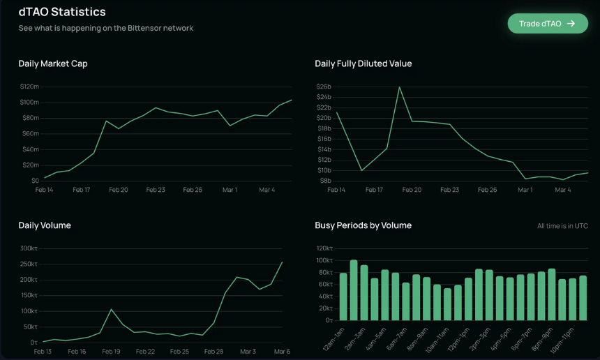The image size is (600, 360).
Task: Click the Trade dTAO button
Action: point(548,24)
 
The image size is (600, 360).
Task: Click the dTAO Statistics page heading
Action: point(62,12)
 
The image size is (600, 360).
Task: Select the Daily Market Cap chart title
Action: point(53,64)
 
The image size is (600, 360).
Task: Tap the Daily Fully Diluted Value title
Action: point(363,64)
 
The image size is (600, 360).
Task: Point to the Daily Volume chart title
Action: point(45,225)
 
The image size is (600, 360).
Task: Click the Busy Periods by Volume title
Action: point(363,225)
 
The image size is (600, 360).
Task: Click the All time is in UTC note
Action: point(562,226)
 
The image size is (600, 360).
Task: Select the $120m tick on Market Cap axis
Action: point(29,87)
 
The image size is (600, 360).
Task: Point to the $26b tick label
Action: point(324,87)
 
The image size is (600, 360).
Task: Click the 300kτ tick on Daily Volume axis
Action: point(29,248)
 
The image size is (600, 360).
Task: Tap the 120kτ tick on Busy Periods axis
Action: point(324,248)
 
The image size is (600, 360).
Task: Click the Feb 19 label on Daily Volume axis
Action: point(111,351)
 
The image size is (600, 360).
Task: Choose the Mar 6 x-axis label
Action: point(282,351)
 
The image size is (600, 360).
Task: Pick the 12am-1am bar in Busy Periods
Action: point(343,297)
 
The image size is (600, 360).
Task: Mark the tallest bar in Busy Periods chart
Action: point(354,290)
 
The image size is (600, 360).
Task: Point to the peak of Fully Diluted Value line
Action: point(400,87)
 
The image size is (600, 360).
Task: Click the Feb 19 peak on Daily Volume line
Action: point(112,309)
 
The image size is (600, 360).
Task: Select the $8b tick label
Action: point(325,181)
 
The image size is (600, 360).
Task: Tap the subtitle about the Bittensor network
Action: point(106,29)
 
